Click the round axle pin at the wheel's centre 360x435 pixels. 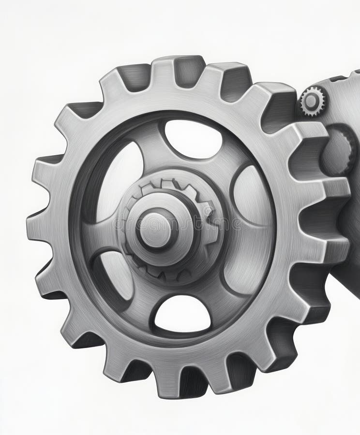(x=156, y=229)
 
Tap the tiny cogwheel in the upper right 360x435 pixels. (x=312, y=101)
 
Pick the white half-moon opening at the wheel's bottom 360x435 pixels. (x=183, y=314)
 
